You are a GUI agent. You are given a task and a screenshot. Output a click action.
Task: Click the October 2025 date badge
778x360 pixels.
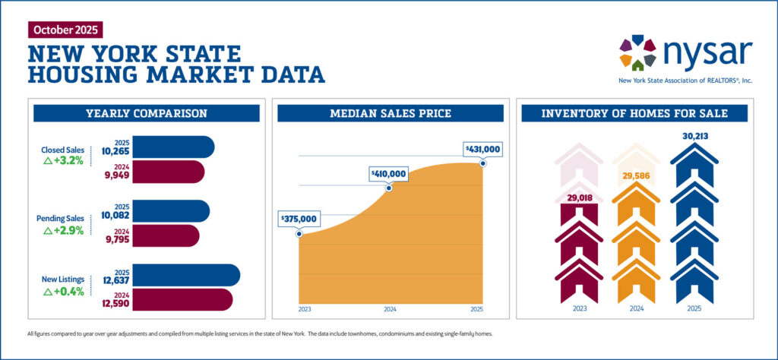pos(64,30)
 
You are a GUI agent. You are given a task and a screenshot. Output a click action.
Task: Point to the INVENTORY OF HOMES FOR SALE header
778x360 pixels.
pos(634,114)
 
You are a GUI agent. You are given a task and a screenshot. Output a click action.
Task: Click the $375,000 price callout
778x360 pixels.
pos(301,219)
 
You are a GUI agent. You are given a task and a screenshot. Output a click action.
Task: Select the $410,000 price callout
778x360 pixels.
pos(388,174)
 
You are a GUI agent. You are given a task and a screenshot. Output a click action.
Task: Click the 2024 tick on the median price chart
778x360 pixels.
pos(390,310)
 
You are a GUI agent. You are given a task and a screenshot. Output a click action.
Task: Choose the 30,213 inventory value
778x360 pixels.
pos(694,137)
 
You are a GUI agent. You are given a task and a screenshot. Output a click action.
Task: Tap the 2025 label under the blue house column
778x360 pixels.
pos(694,310)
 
